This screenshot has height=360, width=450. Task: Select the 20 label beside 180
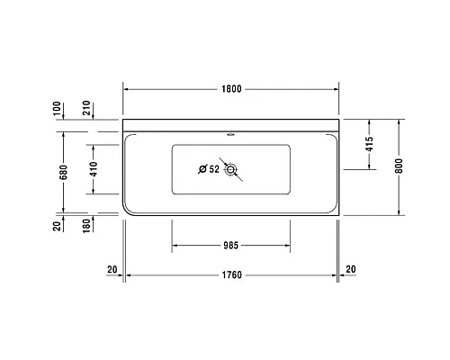click(x=58, y=225)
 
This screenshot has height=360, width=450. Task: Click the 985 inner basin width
click(x=230, y=245)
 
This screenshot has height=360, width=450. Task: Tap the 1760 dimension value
click(x=230, y=276)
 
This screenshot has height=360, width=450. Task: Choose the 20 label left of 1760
click(x=112, y=269)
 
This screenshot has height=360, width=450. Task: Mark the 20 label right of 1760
click(x=350, y=269)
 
